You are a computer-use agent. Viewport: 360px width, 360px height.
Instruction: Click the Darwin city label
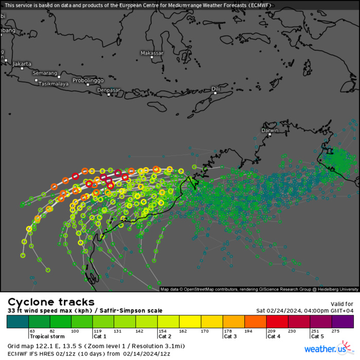point(270,131)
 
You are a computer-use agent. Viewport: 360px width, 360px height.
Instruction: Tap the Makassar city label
point(152,53)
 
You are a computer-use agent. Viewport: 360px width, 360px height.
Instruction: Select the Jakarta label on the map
point(22,64)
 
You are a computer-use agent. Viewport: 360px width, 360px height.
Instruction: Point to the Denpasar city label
point(109,90)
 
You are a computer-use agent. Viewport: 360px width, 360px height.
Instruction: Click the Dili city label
point(215,89)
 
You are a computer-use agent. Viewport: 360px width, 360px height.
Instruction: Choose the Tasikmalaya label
point(54,83)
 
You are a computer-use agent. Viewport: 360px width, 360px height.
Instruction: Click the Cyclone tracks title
point(51,302)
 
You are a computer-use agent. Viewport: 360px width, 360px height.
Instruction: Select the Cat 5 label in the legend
point(317,336)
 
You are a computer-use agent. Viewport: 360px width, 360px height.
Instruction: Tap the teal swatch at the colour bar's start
point(17,321)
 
